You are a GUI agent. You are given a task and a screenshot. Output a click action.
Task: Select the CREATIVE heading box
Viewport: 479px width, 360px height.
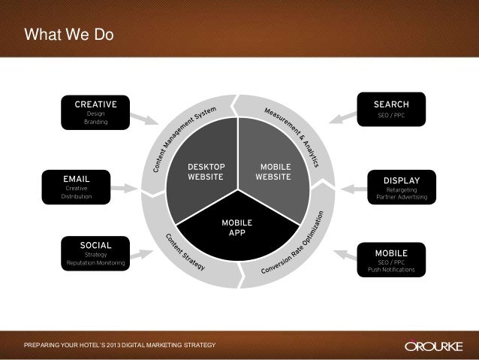[95, 103]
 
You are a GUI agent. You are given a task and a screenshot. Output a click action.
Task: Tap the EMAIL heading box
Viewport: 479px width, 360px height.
[76, 178]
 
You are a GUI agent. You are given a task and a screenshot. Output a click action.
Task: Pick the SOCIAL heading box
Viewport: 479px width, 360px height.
[95, 245]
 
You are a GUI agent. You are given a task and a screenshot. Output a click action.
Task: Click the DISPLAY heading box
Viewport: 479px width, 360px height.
[401, 180]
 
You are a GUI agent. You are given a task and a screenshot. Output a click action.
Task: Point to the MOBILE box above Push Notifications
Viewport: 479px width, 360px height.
[391, 253]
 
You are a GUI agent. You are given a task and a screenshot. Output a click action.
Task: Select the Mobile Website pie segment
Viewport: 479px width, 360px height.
[274, 172]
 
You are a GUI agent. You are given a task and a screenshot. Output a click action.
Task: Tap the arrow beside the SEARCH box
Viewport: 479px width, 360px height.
[341, 116]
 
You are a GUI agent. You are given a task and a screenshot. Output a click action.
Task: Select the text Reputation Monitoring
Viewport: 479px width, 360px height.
[95, 264]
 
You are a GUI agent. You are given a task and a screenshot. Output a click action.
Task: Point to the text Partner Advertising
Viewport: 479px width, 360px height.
[401, 198]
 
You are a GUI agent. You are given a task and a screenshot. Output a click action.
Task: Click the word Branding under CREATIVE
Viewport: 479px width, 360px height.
[95, 122]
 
